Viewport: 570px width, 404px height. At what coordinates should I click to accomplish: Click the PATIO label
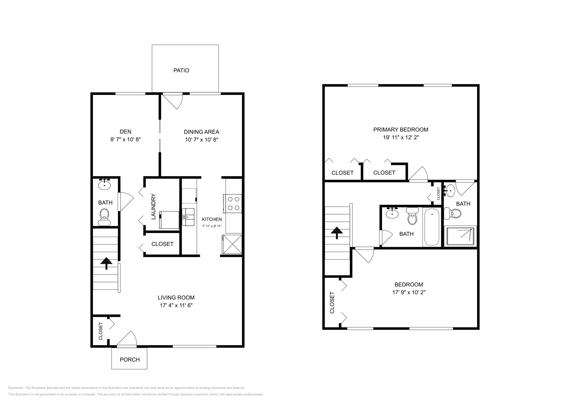click(181, 70)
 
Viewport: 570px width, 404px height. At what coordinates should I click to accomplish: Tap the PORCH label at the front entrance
click(130, 360)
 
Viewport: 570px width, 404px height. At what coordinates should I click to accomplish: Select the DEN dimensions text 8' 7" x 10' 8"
click(125, 140)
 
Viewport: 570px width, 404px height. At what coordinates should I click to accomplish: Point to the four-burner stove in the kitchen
click(232, 203)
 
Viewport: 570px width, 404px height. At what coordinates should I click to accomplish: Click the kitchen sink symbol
click(188, 217)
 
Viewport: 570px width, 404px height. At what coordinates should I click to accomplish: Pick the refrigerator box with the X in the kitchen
click(232, 244)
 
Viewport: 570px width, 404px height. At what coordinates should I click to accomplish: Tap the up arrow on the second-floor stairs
click(337, 233)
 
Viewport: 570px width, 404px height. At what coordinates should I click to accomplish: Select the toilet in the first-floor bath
click(104, 217)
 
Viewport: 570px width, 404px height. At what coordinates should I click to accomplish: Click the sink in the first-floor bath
click(104, 184)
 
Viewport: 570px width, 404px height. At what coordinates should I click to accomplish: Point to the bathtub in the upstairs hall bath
click(432, 227)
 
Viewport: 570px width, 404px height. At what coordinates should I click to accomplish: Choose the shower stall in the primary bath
click(460, 236)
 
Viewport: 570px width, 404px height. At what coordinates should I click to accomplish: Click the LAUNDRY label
click(153, 207)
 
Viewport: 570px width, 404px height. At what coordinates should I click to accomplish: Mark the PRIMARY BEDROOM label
click(401, 130)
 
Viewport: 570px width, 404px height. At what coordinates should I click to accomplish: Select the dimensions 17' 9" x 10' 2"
click(409, 292)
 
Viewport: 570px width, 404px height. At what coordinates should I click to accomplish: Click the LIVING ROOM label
click(176, 297)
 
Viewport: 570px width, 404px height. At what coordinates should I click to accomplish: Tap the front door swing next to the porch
click(127, 339)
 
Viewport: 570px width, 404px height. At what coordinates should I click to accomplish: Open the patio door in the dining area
click(173, 101)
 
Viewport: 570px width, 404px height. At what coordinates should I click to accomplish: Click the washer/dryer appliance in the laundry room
click(169, 220)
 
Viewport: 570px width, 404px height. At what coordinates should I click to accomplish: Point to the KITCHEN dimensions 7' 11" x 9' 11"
click(212, 226)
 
